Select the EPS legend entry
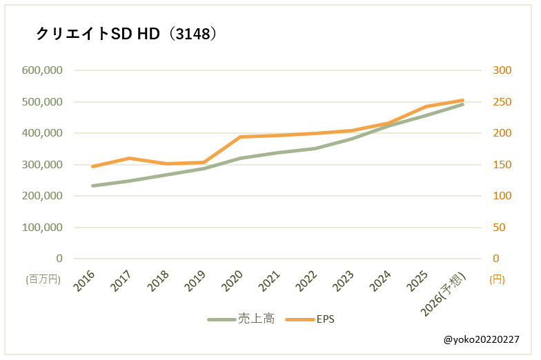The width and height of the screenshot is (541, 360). click(310, 319)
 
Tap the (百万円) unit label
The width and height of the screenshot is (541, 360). click(43, 279)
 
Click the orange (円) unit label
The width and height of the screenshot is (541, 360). click(498, 279)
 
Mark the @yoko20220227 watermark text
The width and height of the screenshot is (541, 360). click(482, 340)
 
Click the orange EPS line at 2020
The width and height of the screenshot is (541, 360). click(241, 137)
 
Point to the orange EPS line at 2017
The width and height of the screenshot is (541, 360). click(130, 158)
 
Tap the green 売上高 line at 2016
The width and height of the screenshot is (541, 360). click(92, 186)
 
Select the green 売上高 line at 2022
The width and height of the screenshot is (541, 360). click(315, 148)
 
